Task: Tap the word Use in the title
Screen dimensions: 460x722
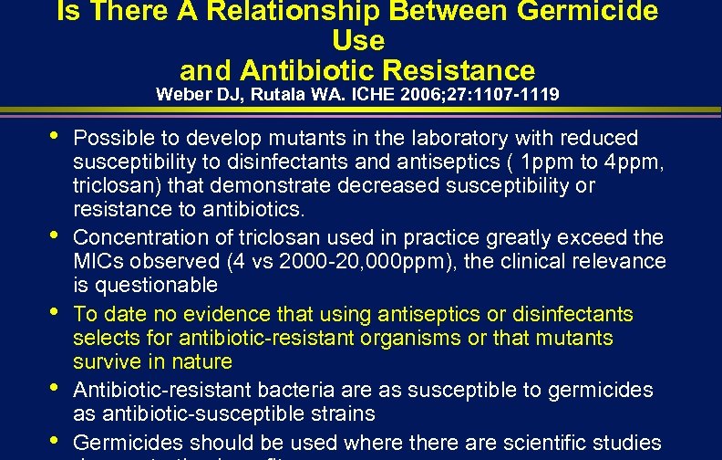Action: click(x=359, y=41)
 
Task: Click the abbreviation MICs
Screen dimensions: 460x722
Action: click(x=97, y=262)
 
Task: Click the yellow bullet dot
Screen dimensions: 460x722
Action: click(x=53, y=310)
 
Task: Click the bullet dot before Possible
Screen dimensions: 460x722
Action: click(x=53, y=134)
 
